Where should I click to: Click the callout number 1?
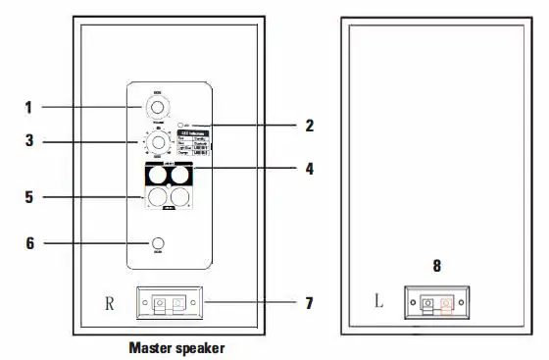[29, 105]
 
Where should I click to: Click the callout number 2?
[310, 126]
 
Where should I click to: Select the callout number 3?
[29, 141]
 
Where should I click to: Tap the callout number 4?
[309, 168]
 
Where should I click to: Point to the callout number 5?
[29, 197]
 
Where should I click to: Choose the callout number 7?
[309, 303]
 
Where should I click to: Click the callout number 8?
[437, 265]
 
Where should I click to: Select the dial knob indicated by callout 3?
[157, 142]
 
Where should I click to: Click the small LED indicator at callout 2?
[184, 126]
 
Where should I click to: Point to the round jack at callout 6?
[157, 243]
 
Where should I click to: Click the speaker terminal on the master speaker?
[172, 303]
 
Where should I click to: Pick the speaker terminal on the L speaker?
[437, 303]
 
